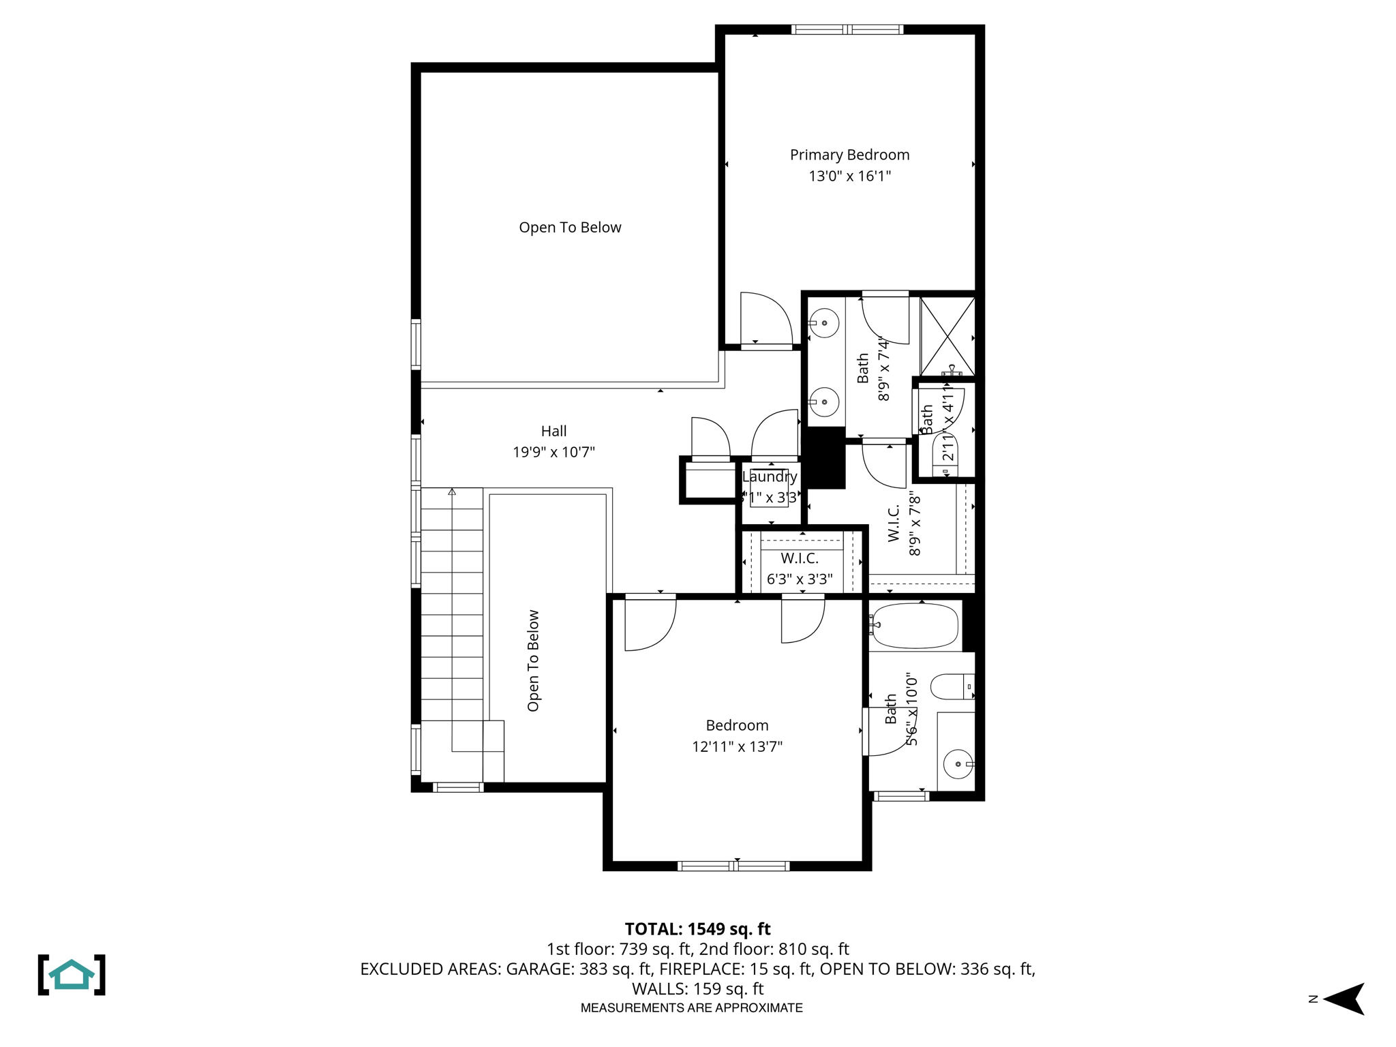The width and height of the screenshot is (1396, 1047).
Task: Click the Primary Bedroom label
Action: pos(849,155)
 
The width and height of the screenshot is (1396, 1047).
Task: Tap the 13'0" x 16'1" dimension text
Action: pos(849,176)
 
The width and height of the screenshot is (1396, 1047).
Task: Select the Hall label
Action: pos(553,431)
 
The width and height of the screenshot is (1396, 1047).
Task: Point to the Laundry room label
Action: pos(770,477)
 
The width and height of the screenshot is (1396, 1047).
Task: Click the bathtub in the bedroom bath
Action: pos(915,625)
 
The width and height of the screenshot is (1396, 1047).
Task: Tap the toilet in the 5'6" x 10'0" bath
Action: pos(951,686)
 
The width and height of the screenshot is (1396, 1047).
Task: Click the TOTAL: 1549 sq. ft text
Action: pos(697,929)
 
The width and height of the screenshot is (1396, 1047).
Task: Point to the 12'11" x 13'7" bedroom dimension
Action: pos(737,746)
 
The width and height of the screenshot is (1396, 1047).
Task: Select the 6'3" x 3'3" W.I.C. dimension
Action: pos(800,579)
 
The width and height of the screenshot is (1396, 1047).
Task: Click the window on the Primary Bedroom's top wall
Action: pos(847,29)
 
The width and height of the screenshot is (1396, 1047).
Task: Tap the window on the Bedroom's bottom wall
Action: pos(733,866)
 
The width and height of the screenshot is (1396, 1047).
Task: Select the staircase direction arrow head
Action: pos(452,491)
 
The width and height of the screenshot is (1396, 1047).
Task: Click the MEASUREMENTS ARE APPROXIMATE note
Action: pos(691,1007)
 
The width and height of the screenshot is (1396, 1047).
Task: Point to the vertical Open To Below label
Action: pos(533,661)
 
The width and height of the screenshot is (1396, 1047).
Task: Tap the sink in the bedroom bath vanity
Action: pos(958,765)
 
